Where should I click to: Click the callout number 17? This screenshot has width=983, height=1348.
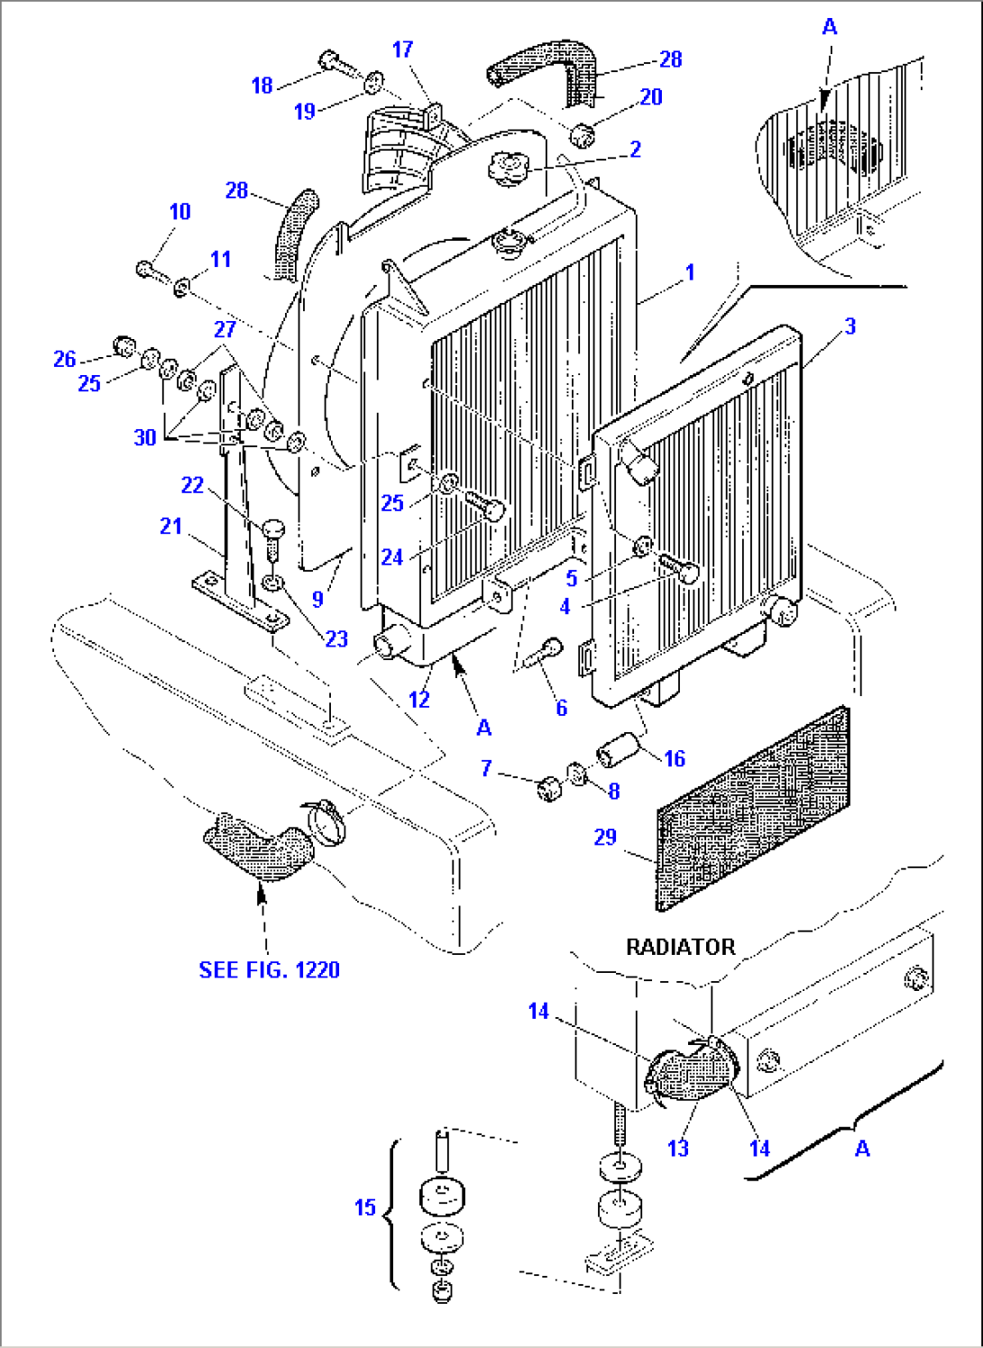402,50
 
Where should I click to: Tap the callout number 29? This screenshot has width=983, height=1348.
605,837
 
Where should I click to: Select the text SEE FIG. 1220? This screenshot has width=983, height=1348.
269,970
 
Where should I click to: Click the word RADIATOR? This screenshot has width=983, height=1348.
680,947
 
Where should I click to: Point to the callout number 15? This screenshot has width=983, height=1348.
364,1207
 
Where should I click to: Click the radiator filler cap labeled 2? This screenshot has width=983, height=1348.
507,169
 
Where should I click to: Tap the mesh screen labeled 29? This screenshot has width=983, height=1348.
753,808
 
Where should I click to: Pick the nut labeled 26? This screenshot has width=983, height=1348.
123,346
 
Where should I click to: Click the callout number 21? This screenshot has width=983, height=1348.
170,526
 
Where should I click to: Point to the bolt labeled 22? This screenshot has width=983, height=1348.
273,533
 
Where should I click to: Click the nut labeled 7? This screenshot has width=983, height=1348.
549,788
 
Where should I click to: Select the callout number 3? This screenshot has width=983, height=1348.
850,326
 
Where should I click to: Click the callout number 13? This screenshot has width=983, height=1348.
678,1148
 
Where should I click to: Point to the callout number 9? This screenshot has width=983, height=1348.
317,599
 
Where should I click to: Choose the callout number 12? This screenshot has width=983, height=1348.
418,699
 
